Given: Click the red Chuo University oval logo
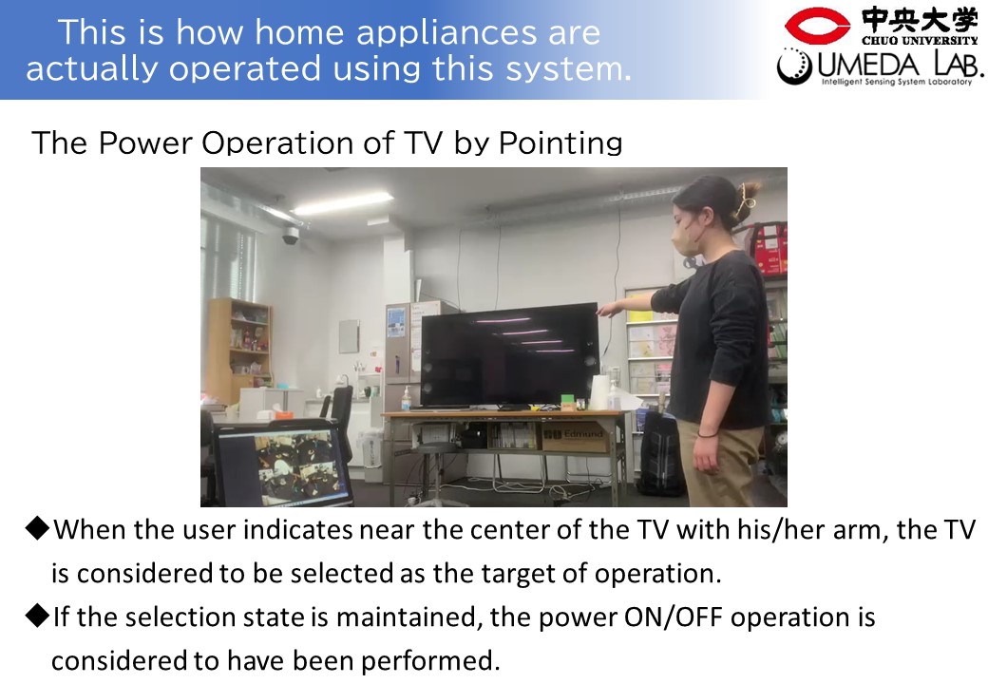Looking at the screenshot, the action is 817,26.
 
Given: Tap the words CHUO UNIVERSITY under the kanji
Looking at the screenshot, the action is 920,40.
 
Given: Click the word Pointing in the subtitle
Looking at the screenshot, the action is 560,143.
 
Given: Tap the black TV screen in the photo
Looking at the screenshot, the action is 509,356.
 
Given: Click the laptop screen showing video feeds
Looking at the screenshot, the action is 283,466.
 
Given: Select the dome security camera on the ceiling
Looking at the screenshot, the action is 291,235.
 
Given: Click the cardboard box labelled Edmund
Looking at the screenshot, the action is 575,436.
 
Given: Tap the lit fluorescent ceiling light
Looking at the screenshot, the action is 343,202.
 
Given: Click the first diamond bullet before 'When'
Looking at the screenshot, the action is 37,528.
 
